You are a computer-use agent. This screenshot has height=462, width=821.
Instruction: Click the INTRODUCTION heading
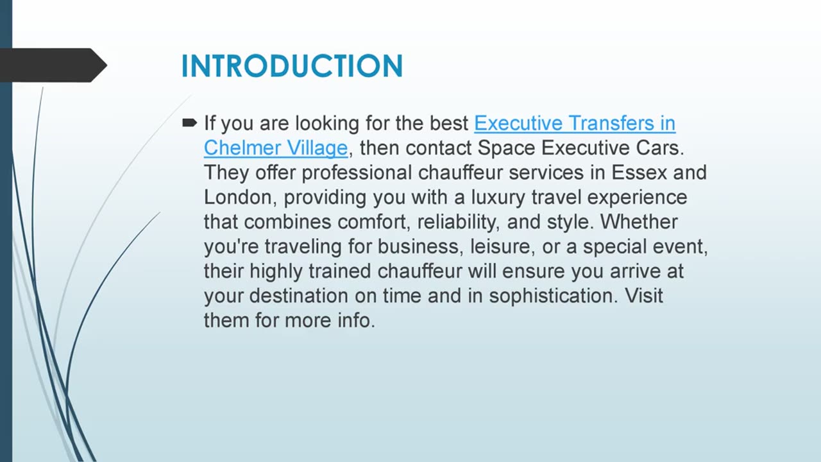(x=292, y=66)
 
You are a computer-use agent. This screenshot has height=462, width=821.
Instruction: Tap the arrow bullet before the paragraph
(x=189, y=122)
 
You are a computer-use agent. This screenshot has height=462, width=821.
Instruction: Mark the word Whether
(x=639, y=222)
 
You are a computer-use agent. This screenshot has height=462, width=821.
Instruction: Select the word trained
(x=339, y=271)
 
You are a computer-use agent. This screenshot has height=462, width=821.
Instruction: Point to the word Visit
(x=644, y=296)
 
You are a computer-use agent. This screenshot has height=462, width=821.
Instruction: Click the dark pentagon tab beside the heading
(x=51, y=65)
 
